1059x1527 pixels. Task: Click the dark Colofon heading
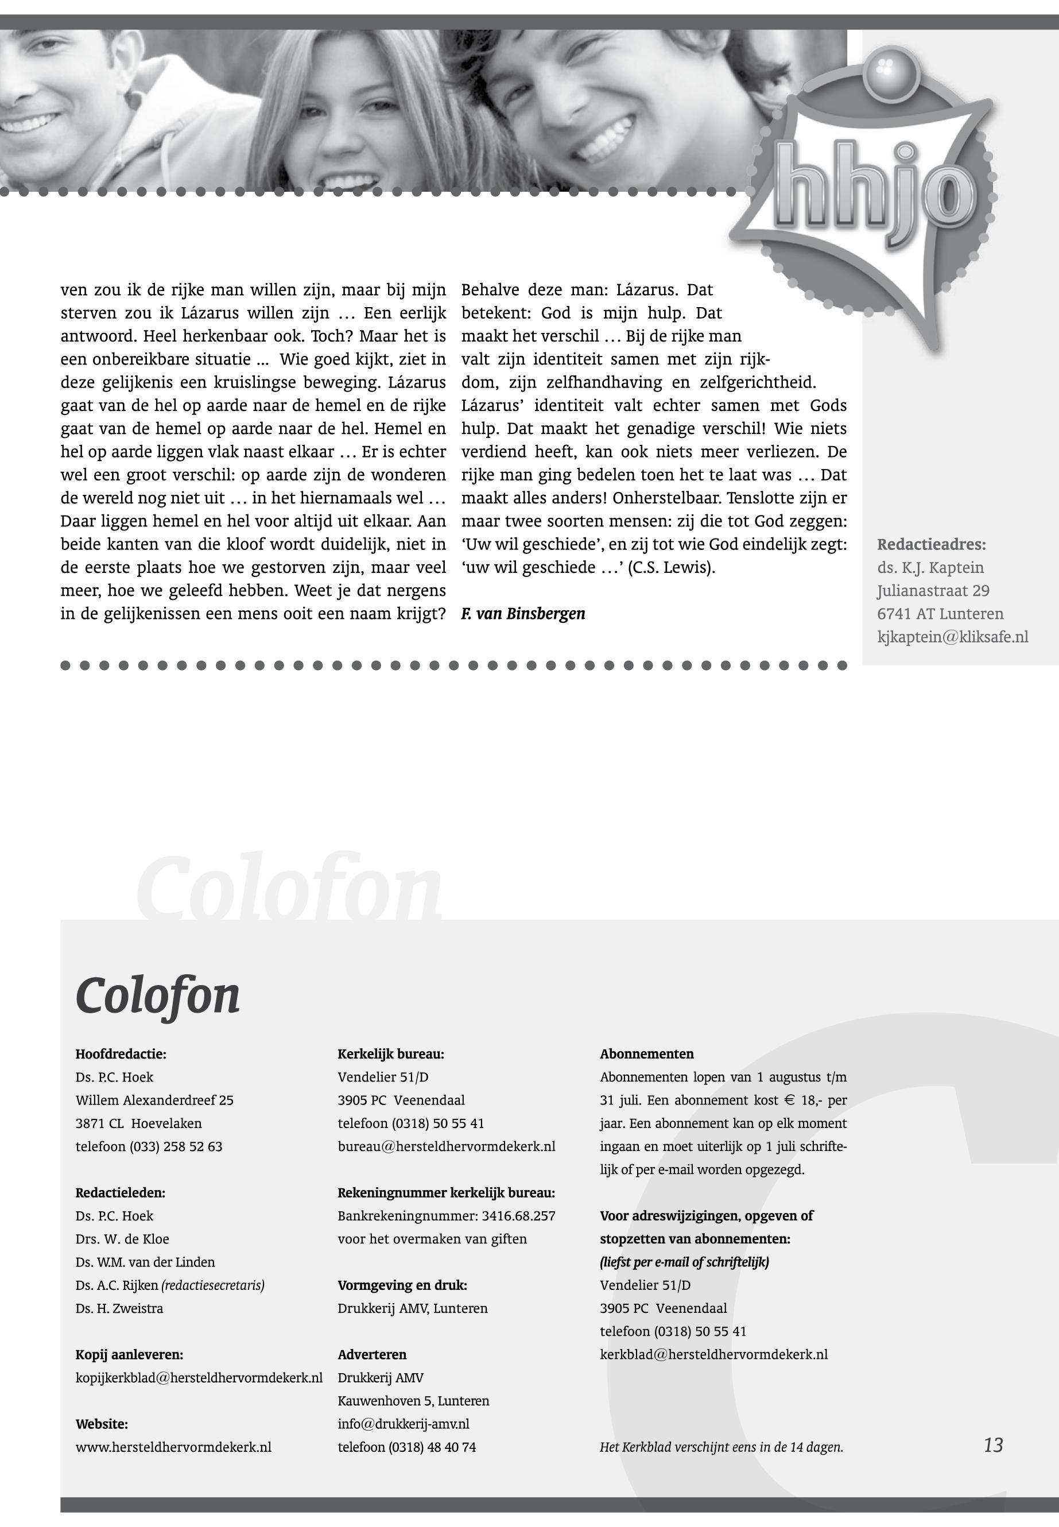coord(157,995)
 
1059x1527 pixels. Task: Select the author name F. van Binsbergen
coord(523,614)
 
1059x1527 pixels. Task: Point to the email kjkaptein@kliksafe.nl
coord(952,637)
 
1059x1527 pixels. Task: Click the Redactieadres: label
coord(931,545)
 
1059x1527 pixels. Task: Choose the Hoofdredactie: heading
coord(121,1054)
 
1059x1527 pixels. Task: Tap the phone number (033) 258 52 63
coord(176,1146)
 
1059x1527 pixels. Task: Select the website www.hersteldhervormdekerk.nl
coord(173,1447)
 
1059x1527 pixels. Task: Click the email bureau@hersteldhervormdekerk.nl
coord(446,1146)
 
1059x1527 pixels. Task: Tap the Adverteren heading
coord(371,1354)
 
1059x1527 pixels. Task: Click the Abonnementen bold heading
coord(646,1054)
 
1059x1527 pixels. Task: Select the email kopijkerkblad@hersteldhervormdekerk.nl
coord(199,1378)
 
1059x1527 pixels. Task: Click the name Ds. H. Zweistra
coord(119,1308)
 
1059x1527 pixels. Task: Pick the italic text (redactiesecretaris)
coord(212,1285)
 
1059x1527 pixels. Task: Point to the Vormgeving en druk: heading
coord(402,1285)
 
